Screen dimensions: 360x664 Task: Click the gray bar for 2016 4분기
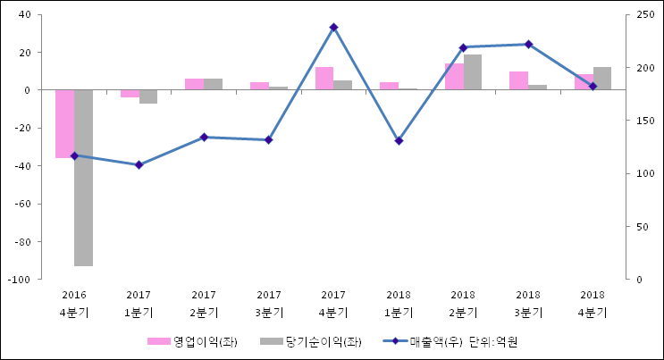[x=83, y=177]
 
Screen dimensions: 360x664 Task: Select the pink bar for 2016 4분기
[x=64, y=123]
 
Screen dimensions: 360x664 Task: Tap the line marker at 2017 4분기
[x=333, y=28]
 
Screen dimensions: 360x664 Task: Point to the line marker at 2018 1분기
[x=399, y=141]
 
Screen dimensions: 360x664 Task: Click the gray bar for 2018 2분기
[x=473, y=72]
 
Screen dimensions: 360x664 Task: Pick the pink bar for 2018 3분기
[x=518, y=80]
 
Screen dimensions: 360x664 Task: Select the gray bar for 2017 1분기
[x=148, y=96]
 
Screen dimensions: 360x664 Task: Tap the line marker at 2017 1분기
[x=139, y=164]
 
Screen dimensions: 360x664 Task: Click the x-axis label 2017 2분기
[x=204, y=304]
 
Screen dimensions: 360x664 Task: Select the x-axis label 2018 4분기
[x=593, y=304]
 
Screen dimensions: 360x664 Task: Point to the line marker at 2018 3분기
[x=528, y=44]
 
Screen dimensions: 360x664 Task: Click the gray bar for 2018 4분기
[x=602, y=79]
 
